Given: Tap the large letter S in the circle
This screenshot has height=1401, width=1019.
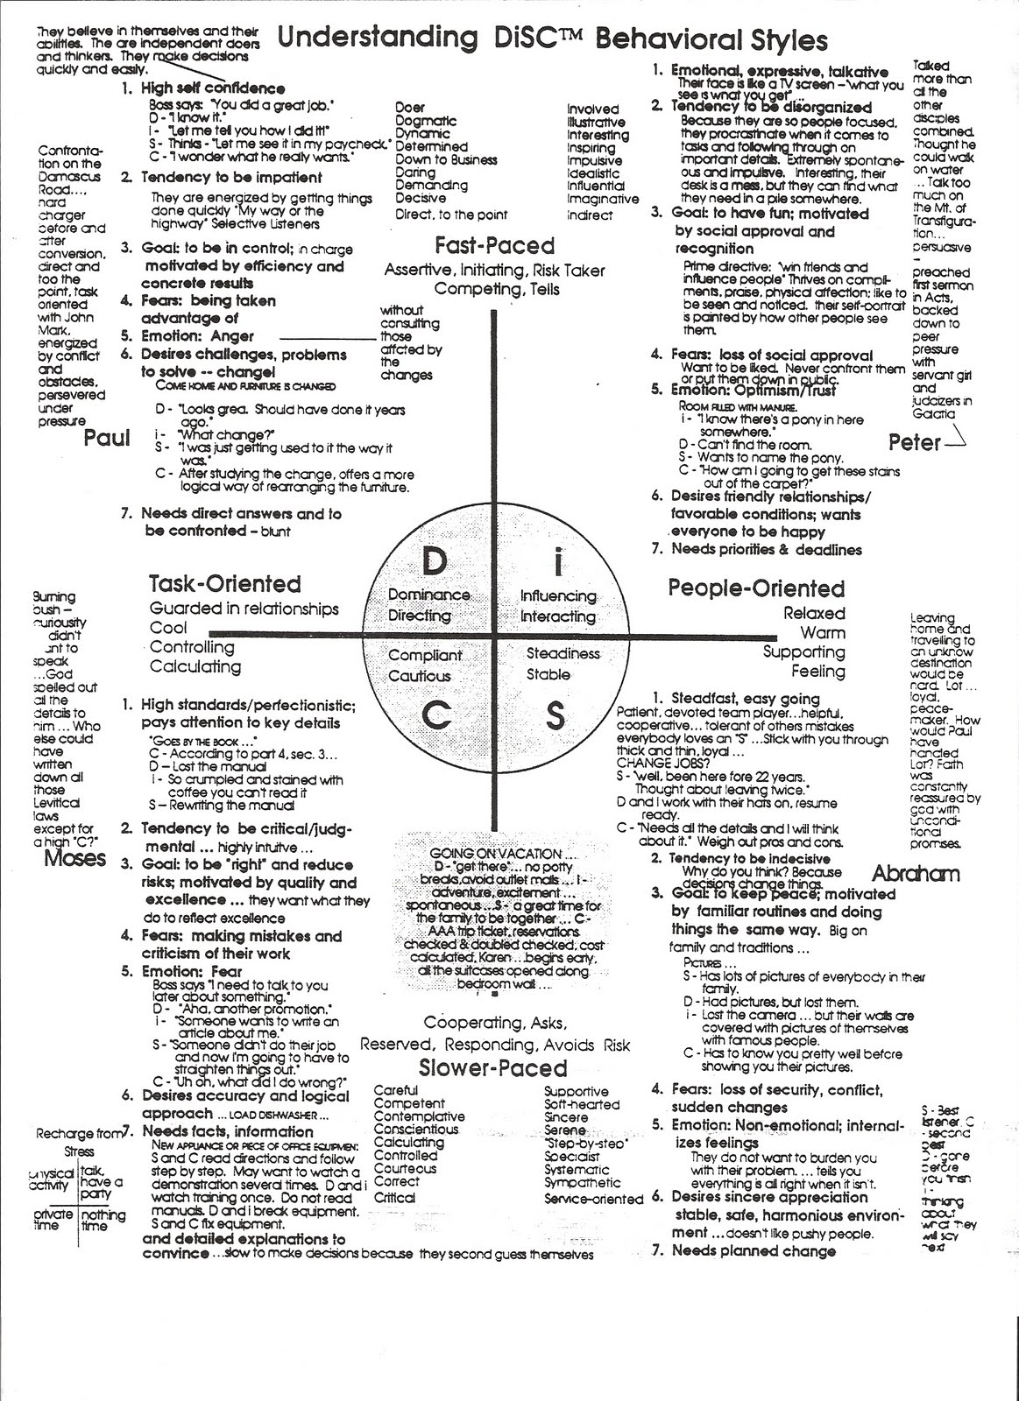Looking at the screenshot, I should (x=555, y=716).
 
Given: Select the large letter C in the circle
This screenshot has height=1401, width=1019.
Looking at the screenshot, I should (x=435, y=716).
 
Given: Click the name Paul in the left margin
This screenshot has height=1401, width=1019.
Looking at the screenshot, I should (x=107, y=437).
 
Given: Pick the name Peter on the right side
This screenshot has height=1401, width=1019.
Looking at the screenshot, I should (x=914, y=442).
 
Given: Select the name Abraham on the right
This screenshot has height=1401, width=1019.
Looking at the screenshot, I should (x=916, y=873).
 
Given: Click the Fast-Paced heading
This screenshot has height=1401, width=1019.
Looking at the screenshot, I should (x=494, y=245).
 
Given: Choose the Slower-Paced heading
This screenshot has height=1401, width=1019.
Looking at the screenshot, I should (x=492, y=1068).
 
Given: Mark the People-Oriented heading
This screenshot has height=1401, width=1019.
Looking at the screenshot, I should (x=756, y=588).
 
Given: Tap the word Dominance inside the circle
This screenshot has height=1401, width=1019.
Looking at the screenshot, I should (x=428, y=595).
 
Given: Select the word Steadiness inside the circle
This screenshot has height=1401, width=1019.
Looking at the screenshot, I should (x=563, y=653).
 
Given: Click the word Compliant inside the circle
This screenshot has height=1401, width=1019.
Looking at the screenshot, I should (x=425, y=655).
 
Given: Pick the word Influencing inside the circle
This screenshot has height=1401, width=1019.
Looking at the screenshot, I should (x=558, y=596).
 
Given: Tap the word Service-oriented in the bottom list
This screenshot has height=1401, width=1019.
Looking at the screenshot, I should (x=593, y=1200).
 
